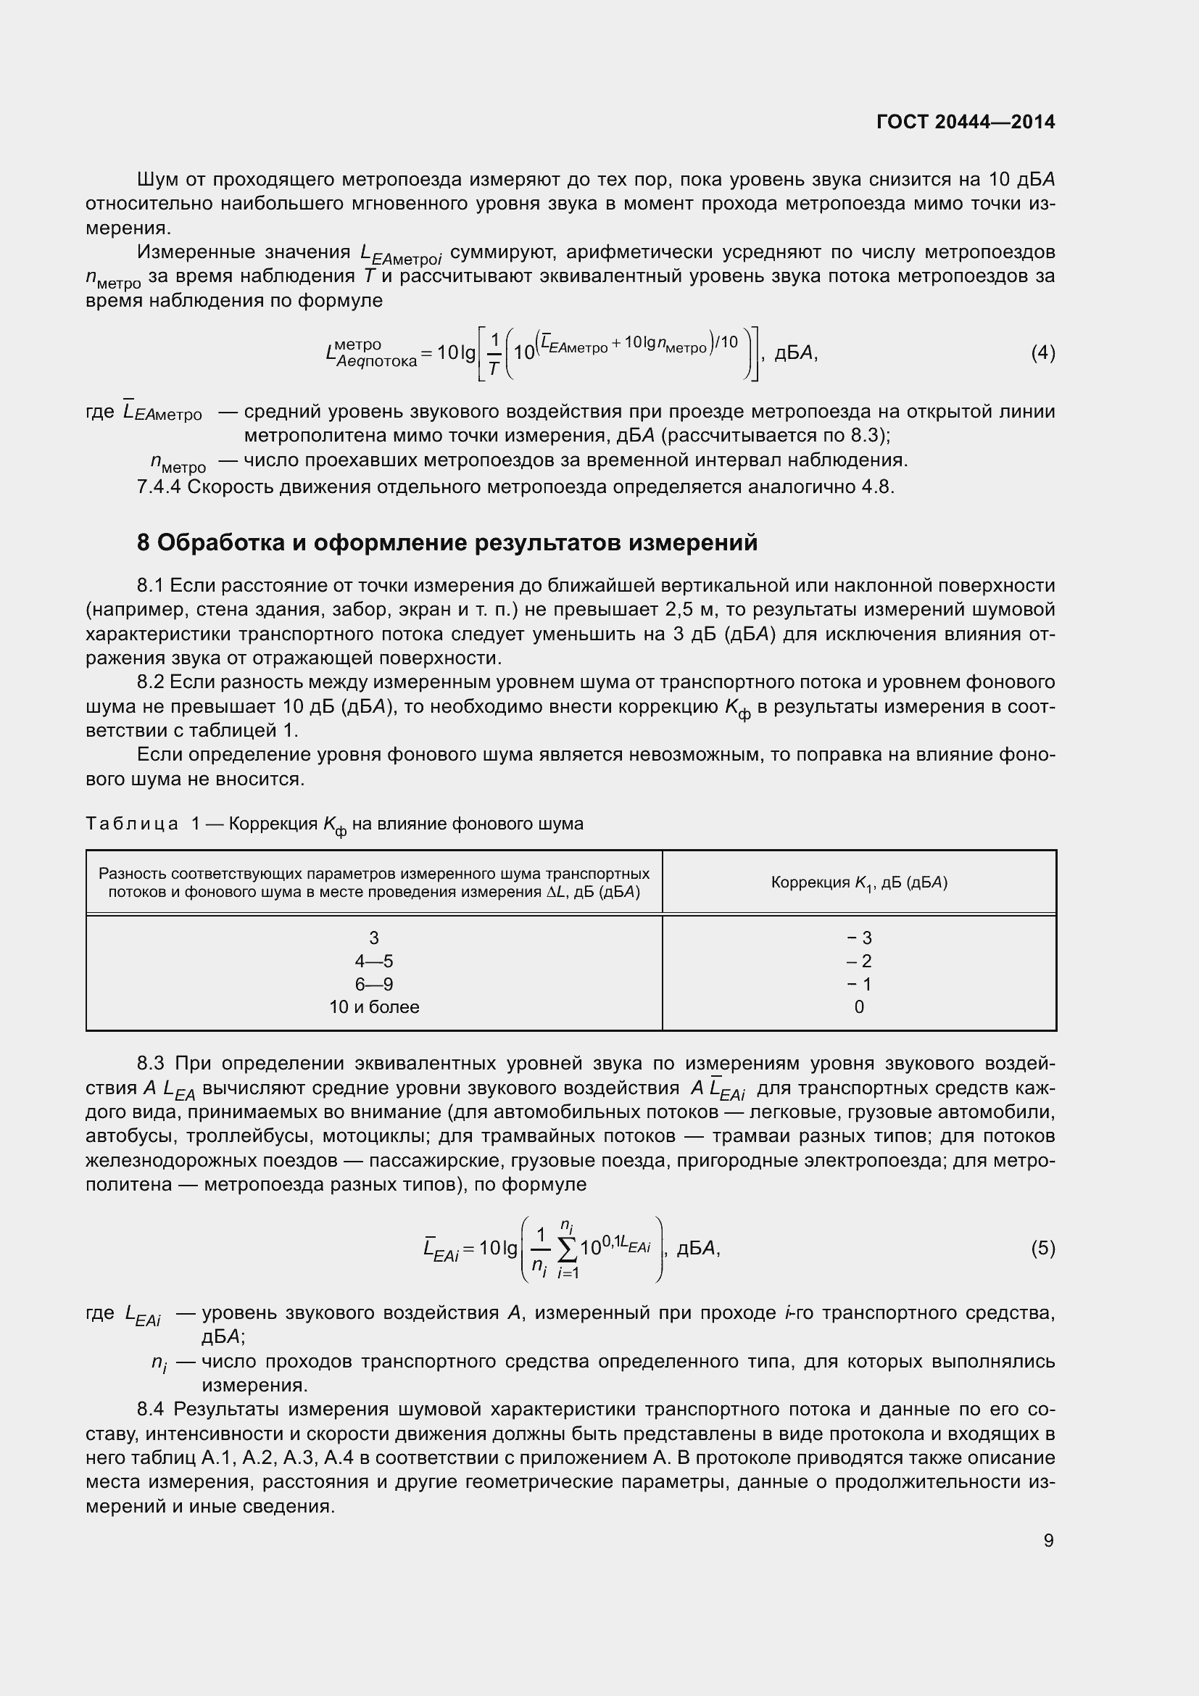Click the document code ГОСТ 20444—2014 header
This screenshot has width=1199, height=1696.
pos(965,122)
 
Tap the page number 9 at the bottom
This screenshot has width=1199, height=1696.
pos(1048,1540)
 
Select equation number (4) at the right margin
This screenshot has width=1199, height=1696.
pos(1042,353)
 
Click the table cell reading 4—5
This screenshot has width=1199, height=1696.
pos(373,961)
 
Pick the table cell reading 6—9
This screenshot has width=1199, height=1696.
pos(373,984)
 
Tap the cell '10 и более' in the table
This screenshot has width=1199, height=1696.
pos(373,1007)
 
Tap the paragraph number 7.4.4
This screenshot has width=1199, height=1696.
pos(159,487)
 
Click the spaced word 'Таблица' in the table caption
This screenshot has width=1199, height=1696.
pos(132,823)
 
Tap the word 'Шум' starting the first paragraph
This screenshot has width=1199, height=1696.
pos(156,180)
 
